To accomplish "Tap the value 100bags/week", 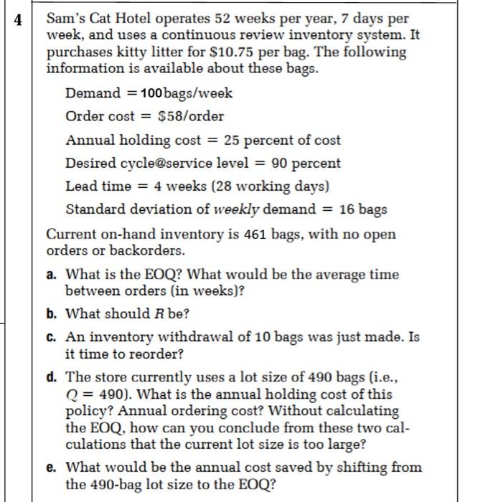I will click(x=187, y=93).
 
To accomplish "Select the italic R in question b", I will click(x=160, y=314).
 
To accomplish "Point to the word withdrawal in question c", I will click(x=198, y=336).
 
